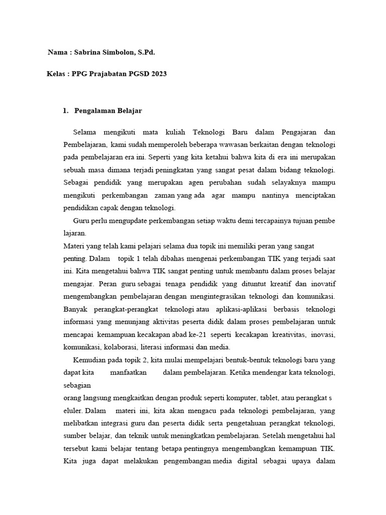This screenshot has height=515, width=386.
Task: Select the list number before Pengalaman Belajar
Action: coord(65,111)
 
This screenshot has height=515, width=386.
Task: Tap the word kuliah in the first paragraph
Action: coord(176,132)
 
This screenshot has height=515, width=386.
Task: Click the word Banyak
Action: coord(76,309)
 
